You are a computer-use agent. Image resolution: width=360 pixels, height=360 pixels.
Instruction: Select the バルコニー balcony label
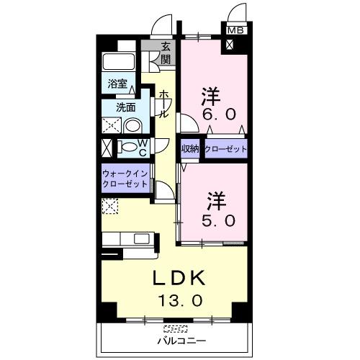(181, 340)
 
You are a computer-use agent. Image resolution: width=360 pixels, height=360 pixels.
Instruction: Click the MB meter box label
(235, 30)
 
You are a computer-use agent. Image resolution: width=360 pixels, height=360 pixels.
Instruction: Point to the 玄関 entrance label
(166, 53)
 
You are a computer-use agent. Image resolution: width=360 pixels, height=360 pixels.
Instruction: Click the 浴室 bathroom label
(117, 84)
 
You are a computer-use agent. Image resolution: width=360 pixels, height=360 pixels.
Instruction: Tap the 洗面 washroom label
(127, 109)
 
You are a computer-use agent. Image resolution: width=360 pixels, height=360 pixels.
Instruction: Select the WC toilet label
(143, 148)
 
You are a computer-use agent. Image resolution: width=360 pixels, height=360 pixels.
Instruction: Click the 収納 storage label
(190, 149)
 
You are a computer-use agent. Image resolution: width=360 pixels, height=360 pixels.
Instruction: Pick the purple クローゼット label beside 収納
(225, 149)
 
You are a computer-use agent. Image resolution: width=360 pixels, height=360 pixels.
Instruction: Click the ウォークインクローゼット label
(125, 178)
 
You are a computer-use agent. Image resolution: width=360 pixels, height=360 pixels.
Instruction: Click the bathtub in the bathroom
(119, 62)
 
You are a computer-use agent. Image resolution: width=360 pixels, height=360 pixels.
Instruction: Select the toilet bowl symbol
(127, 148)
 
